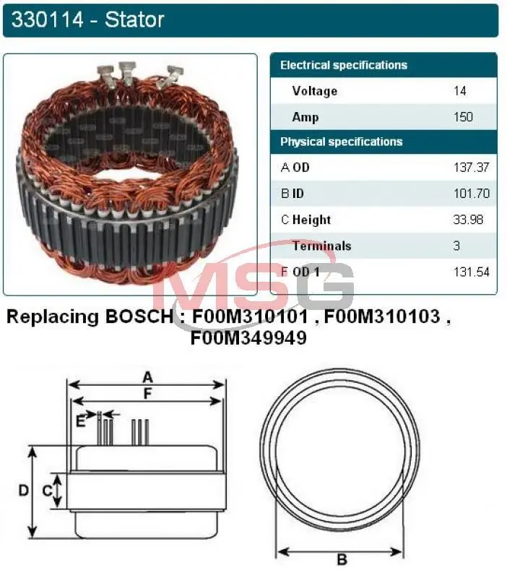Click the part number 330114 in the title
tap(48, 20)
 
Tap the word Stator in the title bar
tap(134, 20)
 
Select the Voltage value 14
tap(460, 91)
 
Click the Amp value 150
tap(463, 117)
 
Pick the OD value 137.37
tap(472, 168)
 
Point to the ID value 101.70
tap(472, 194)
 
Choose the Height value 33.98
tap(468, 220)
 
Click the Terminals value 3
tap(457, 246)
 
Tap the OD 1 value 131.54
tap(472, 272)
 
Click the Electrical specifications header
tap(344, 65)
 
